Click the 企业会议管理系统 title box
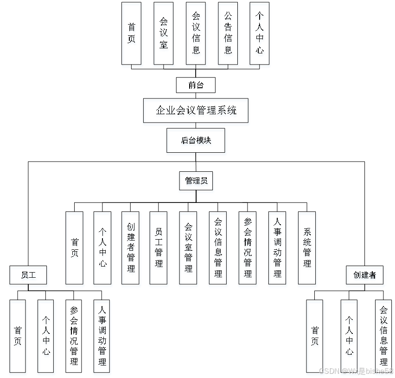(x=196, y=112)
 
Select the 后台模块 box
(x=197, y=142)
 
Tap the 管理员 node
(x=197, y=182)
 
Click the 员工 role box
(x=29, y=276)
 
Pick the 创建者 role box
(x=365, y=276)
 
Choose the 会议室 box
(x=164, y=35)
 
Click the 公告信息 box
(x=228, y=35)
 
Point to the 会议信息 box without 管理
(x=196, y=35)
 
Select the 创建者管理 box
(x=131, y=249)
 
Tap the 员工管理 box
(x=159, y=249)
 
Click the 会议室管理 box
(x=189, y=249)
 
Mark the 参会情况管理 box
(x=248, y=249)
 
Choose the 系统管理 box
(x=307, y=249)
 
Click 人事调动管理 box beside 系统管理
(x=278, y=249)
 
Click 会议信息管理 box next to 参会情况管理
(x=218, y=249)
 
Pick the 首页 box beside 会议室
(x=132, y=35)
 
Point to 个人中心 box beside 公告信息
(x=260, y=35)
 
